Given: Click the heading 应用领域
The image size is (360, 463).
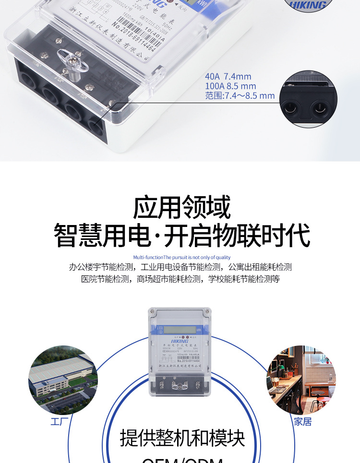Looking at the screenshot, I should coord(181,207).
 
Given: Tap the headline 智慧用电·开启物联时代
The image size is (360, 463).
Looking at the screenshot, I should coord(181,235).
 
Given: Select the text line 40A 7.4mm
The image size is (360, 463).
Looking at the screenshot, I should coord(228,76).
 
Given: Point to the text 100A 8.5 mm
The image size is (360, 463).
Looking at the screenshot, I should coord(230,86).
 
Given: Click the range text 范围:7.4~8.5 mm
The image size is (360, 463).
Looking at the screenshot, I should coord(240,95).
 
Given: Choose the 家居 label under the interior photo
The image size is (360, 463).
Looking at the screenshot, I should coord(303,422).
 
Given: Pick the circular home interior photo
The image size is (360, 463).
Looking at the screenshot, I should coord(301,380).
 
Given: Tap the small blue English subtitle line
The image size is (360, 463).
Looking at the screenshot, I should coord(181,258).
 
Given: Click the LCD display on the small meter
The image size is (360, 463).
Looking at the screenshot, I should coord(175,330).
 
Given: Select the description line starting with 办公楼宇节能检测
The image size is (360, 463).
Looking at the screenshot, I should coord(180,267).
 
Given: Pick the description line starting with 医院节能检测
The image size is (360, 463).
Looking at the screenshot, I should coord(180,279).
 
